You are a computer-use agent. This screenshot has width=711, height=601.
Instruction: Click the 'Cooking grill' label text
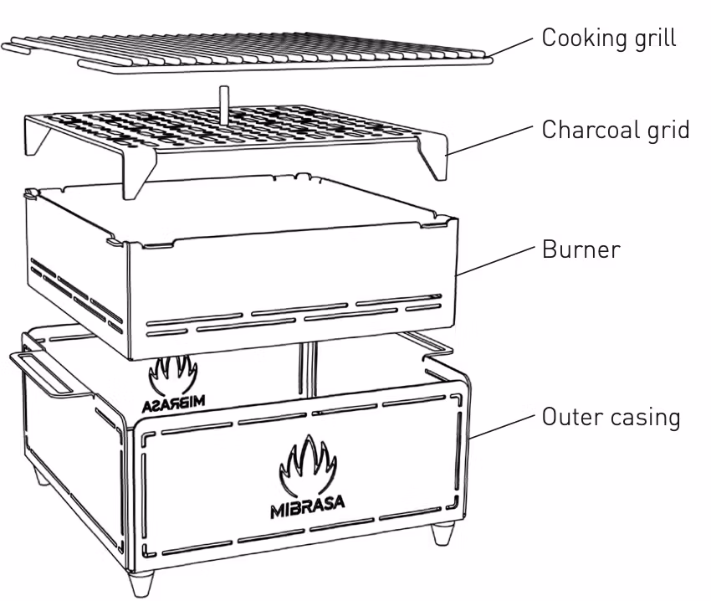tap(609, 39)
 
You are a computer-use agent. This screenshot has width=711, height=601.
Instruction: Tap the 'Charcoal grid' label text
tap(616, 131)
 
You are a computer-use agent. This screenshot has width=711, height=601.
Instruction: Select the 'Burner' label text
tap(581, 249)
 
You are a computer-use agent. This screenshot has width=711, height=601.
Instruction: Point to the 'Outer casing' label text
tap(611, 417)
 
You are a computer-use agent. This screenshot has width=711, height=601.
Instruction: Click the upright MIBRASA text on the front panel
tap(307, 509)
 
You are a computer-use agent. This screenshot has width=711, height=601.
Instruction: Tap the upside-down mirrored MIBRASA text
tap(171, 402)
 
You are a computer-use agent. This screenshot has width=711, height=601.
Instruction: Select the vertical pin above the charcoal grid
tap(223, 104)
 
